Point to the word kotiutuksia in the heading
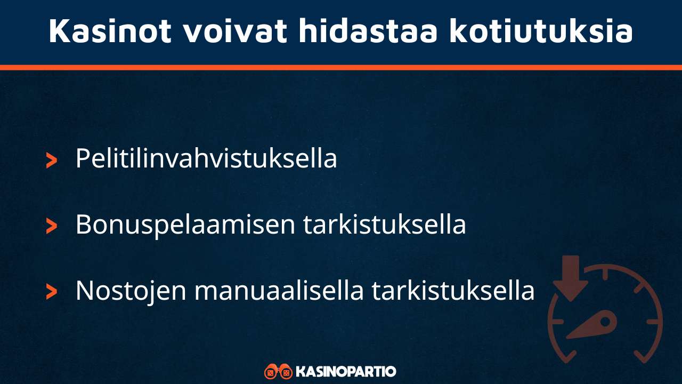tap(541, 31)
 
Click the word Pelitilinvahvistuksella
tap(206, 158)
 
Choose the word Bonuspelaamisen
tap(185, 225)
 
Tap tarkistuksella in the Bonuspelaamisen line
tap(385, 225)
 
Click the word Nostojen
tap(131, 291)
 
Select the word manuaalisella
tap(279, 291)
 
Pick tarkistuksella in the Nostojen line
tap(453, 291)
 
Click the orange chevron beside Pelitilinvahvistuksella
tap(52, 159)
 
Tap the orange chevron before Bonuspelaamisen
tap(52, 226)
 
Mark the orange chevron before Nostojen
tap(52, 292)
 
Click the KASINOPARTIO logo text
tap(346, 371)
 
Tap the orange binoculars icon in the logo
tap(278, 371)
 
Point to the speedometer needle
tap(594, 326)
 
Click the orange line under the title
tap(341, 67)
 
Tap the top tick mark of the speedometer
tap(606, 274)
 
